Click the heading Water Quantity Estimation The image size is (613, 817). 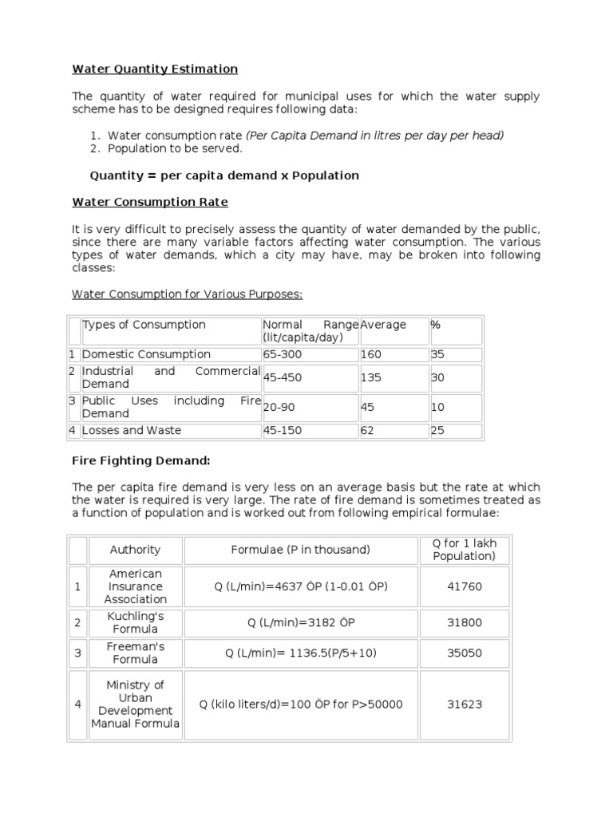point(155,69)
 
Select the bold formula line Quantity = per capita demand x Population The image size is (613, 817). point(224,175)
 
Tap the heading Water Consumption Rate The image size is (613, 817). point(150,202)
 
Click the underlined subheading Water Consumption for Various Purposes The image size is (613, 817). point(187,294)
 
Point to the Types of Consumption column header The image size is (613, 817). point(144,325)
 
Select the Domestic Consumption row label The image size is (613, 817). point(147,354)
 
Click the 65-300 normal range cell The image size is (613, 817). point(280,354)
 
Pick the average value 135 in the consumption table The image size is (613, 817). point(372,377)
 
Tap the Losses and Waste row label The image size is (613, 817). point(132,430)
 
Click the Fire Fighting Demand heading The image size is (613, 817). point(141,460)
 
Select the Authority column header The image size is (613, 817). point(135,550)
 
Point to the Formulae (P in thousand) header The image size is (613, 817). point(301,550)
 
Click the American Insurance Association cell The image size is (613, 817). point(135,586)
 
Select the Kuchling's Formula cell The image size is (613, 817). point(135,622)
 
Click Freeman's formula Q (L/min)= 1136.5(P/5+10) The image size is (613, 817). point(301,653)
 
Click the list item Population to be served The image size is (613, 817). point(175,148)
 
